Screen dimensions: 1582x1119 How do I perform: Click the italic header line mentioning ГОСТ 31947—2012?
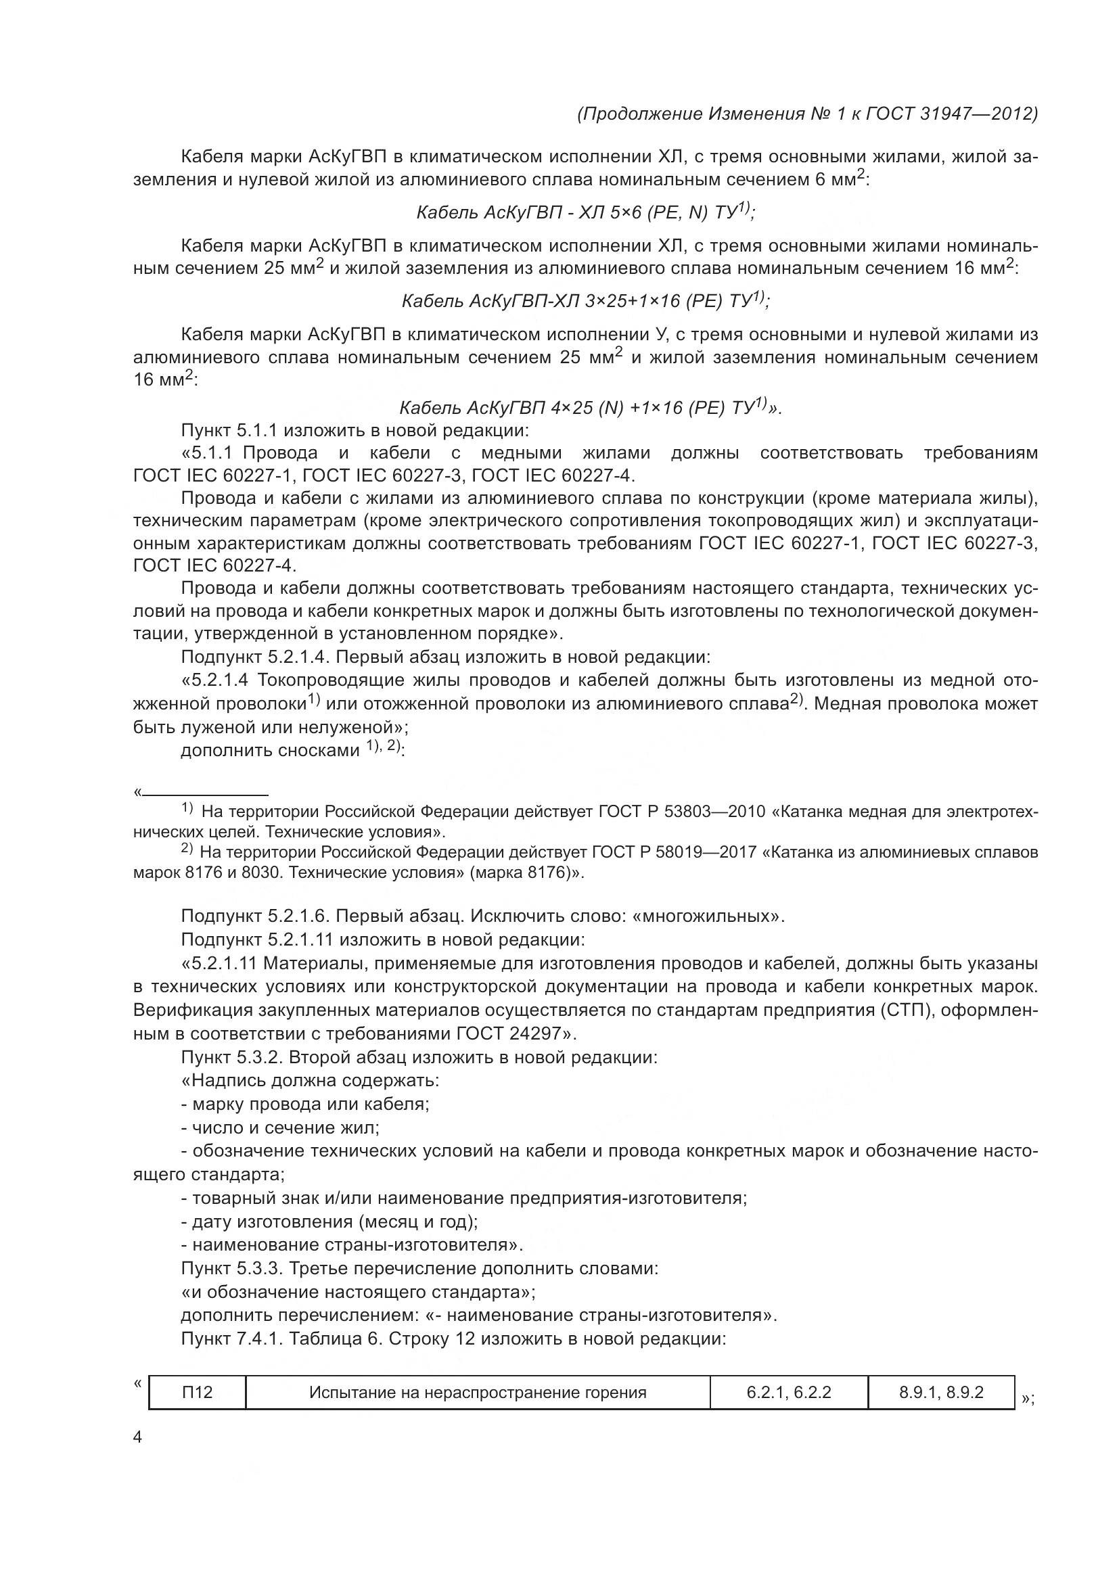coord(807,114)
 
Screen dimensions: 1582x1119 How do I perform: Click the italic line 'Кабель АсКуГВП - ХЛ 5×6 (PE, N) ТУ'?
coord(585,213)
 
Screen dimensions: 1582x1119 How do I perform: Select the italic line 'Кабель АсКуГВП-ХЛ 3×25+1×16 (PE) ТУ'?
coord(585,301)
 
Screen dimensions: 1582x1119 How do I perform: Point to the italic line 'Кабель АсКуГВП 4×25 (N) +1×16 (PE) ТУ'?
coord(590,408)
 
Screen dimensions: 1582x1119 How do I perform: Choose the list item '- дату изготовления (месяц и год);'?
coord(329,1222)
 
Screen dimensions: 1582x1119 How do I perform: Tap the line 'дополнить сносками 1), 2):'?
coord(292,750)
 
